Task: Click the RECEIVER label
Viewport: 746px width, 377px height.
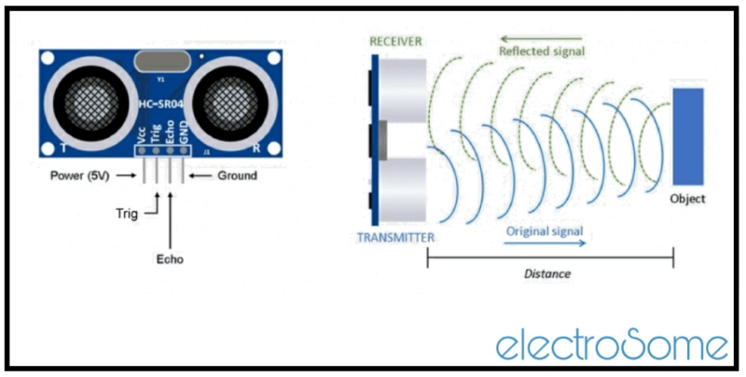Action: pyautogui.click(x=396, y=42)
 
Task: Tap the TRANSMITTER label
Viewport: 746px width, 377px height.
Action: pyautogui.click(x=396, y=237)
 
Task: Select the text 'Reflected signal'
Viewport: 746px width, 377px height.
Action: pyautogui.click(x=542, y=52)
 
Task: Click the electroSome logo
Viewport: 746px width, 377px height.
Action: pyautogui.click(x=612, y=343)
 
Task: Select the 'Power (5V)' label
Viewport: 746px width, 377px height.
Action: pyautogui.click(x=76, y=175)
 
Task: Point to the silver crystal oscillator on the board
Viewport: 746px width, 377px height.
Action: pyautogui.click(x=164, y=64)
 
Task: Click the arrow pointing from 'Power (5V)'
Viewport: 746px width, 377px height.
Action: pyautogui.click(x=128, y=175)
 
